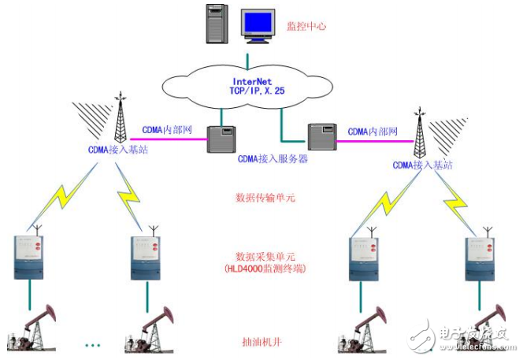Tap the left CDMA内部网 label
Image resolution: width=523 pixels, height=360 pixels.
click(168, 130)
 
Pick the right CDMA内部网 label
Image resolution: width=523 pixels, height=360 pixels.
click(373, 132)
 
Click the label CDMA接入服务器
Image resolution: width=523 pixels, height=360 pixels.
click(272, 158)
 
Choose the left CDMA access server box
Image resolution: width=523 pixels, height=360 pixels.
click(217, 139)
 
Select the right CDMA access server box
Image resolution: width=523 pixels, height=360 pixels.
click(321, 137)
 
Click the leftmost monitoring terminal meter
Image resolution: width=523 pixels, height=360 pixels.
click(31, 255)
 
